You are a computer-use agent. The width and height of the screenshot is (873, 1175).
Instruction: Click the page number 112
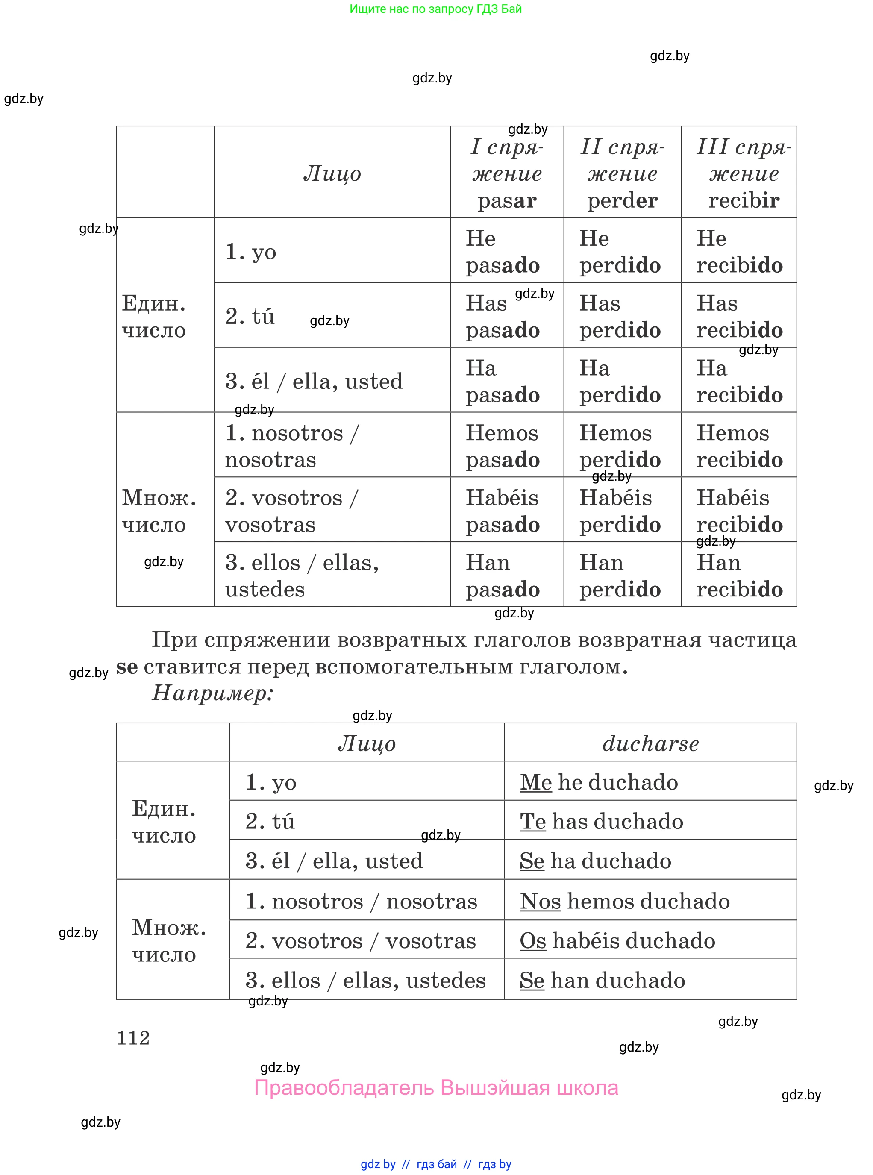coord(133,1038)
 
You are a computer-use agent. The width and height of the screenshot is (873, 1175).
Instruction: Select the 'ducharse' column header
coord(650,743)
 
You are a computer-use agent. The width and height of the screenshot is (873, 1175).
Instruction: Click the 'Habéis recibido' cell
coord(739,511)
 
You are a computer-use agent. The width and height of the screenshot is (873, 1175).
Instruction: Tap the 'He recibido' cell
coord(739,252)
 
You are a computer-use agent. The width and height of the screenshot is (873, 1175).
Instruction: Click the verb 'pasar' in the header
coord(507,201)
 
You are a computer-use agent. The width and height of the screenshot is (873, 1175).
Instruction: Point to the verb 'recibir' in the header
coord(744,201)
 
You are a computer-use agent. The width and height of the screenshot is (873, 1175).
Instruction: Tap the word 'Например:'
coord(212,693)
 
